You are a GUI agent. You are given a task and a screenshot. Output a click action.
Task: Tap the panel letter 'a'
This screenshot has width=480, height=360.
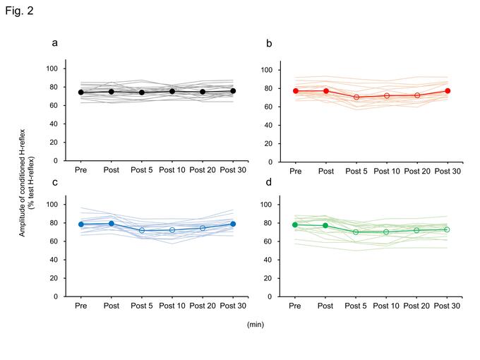(55, 43)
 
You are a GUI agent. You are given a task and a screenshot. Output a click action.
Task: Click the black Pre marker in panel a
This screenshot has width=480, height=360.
(81, 92)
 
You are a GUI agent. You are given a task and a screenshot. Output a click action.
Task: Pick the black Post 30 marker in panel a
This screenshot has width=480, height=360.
(233, 91)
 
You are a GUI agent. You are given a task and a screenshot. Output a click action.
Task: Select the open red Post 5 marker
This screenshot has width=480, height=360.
(356, 97)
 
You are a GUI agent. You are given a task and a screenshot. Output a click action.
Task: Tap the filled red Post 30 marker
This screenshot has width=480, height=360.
(448, 91)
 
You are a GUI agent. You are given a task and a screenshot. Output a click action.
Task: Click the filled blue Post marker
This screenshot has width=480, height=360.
(112, 224)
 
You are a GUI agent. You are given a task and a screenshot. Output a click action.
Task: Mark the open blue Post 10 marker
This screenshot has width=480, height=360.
(172, 230)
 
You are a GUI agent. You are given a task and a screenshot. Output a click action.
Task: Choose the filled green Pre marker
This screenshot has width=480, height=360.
(296, 224)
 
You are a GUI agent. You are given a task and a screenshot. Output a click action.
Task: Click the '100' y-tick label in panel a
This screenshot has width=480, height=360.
(52, 69)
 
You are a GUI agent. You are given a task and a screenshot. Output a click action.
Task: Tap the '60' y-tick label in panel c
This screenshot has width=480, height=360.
(54, 241)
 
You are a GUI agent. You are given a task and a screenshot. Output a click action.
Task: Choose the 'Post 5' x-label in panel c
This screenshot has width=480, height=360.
(142, 307)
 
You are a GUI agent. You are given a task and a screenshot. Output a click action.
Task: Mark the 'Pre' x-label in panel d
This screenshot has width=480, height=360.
(296, 307)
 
